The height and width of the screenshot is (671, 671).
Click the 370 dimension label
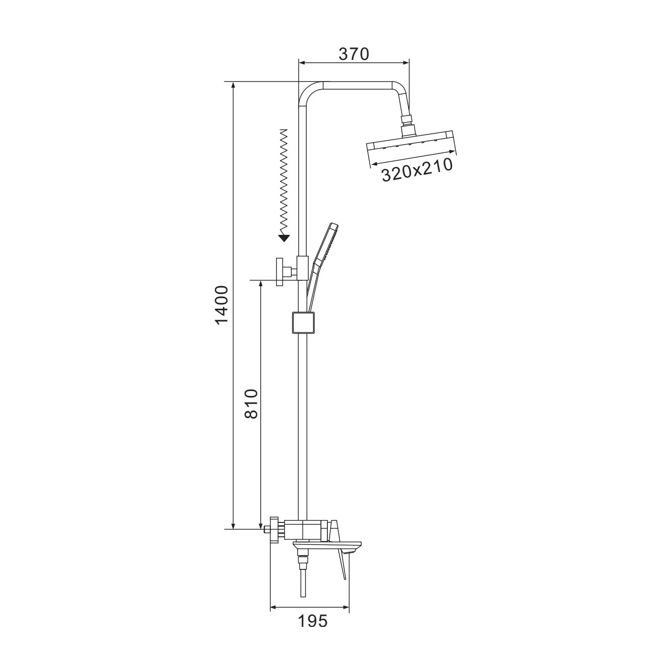(x=354, y=54)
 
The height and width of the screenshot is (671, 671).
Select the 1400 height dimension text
(x=221, y=305)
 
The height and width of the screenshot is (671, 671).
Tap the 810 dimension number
(x=252, y=404)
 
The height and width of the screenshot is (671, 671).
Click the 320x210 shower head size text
(x=417, y=170)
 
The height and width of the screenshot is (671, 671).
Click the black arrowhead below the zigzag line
(x=285, y=238)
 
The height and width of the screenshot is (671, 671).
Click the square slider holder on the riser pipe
(x=303, y=323)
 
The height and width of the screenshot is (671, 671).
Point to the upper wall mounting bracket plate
(x=279, y=272)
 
